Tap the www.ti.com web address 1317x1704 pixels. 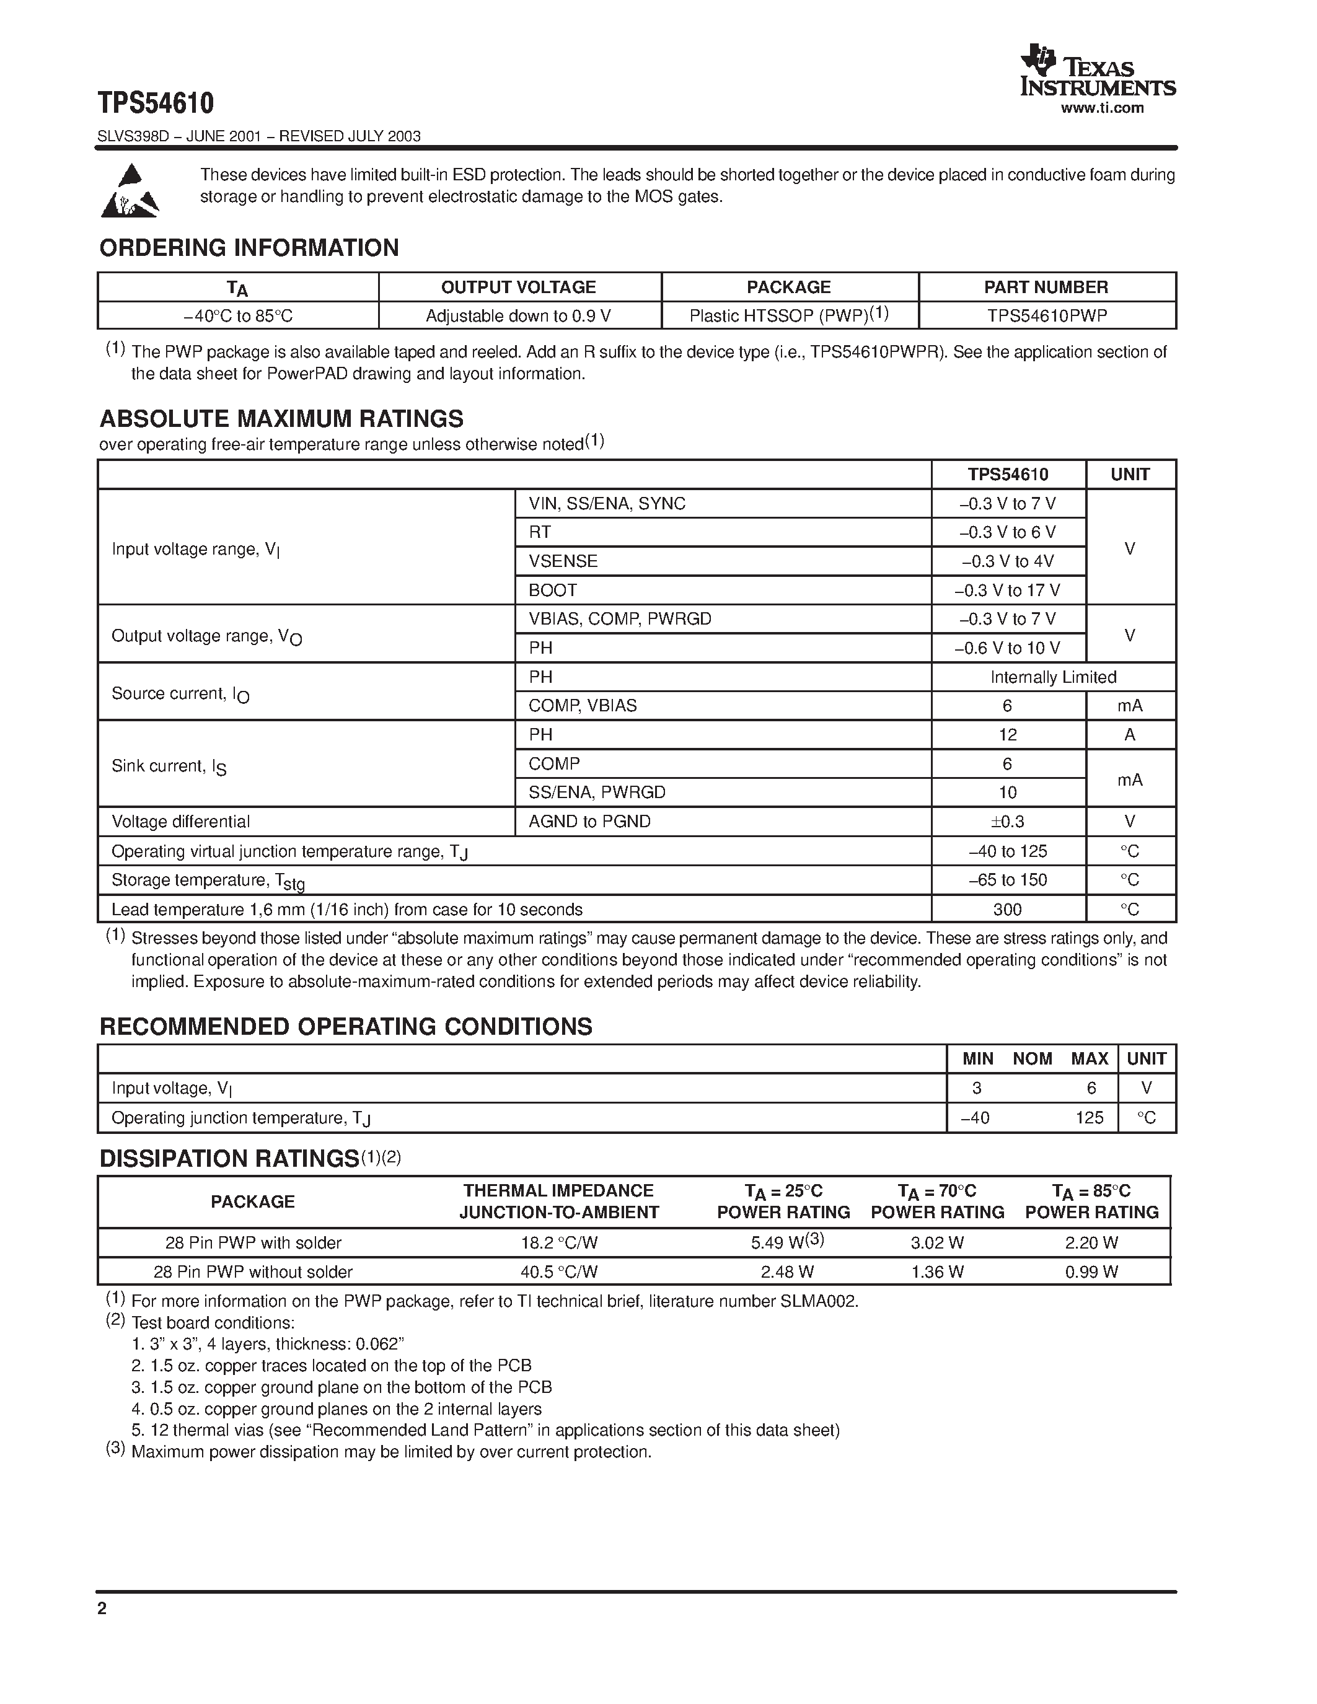pos(1102,108)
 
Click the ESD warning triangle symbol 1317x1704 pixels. pos(130,190)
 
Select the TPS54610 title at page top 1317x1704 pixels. pos(156,103)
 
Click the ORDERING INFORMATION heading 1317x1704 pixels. pos(249,248)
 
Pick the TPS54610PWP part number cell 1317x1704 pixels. pos(1046,316)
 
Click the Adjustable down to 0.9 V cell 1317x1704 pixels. pos(518,316)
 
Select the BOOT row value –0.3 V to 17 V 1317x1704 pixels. pos(1007,590)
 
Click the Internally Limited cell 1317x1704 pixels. pos(1052,677)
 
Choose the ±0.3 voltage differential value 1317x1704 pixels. pos(1007,822)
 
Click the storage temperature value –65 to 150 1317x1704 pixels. pos(1007,880)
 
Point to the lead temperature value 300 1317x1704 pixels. pos(1007,910)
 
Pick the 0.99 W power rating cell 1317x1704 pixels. pos(1091,1271)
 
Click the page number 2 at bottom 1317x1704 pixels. pos(102,1608)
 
